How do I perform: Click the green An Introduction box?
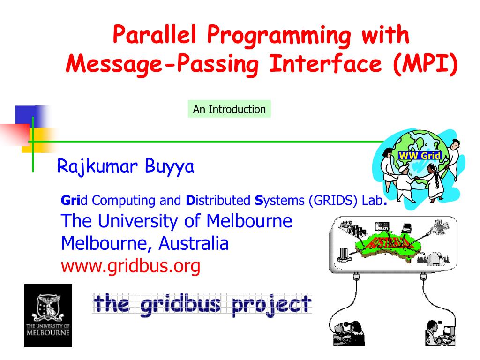coord(229,109)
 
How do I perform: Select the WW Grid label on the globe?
coord(420,155)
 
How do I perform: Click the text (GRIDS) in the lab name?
coord(333,201)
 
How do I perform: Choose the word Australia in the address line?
coord(193,243)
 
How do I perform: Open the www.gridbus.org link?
coord(131,266)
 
